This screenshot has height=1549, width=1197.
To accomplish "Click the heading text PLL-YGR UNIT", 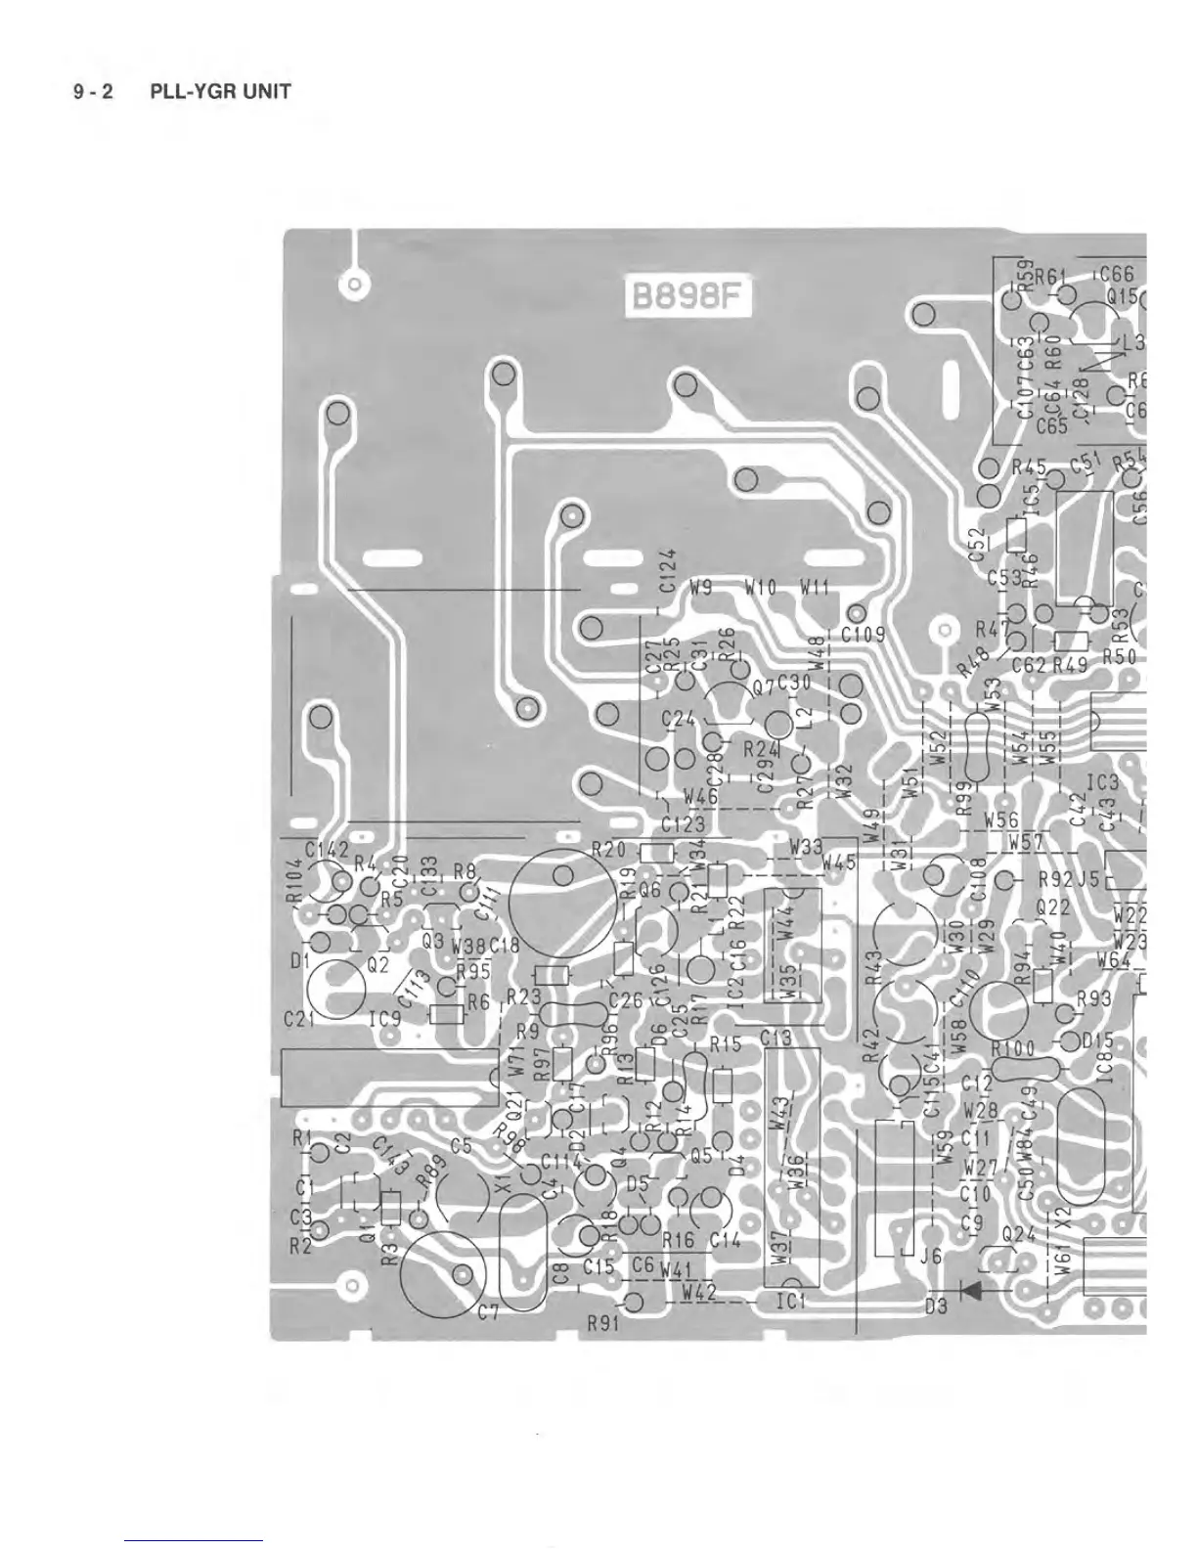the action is click(x=220, y=93).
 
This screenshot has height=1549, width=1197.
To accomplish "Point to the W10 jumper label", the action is click(x=760, y=589).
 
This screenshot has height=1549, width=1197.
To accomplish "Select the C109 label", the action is click(x=864, y=635).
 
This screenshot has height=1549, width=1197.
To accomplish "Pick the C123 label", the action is click(x=682, y=824).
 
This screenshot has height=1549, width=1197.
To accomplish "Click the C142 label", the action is click(x=326, y=850).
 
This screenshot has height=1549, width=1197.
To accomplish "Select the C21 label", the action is click(x=298, y=1019).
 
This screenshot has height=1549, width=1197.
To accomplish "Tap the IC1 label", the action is click(x=788, y=1302).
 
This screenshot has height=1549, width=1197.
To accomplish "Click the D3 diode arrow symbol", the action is click(x=970, y=1290).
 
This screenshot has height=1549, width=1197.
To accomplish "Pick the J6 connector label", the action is click(x=931, y=1257).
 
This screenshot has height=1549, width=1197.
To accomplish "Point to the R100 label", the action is click(x=1012, y=1048).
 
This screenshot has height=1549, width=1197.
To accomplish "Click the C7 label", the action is click(x=489, y=1313).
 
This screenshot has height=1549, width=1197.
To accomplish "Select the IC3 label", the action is click(x=1101, y=783).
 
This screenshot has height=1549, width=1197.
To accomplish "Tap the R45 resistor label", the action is click(x=1029, y=468).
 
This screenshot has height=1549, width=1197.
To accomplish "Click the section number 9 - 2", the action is click(x=93, y=93).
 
